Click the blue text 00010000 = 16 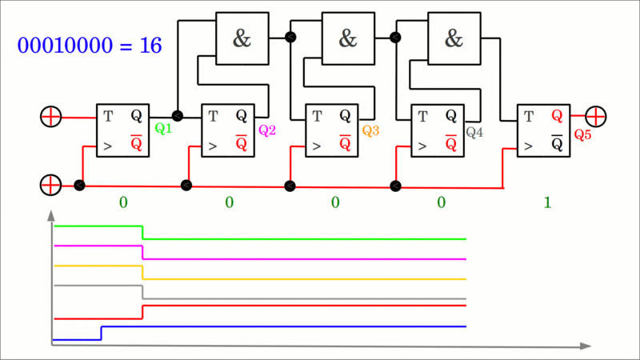90,46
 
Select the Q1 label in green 163,128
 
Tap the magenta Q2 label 266,130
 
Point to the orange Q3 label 370,130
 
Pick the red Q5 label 582,134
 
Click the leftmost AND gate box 242,38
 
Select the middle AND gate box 348,38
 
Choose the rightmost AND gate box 454,38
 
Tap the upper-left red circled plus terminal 50,117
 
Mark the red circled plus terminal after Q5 596,116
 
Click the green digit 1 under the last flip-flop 547,203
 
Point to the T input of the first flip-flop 108,116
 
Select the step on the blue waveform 101,333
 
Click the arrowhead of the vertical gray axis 51,215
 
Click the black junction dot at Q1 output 178,116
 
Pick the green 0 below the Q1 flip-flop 123,202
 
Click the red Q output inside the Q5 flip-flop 557,116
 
